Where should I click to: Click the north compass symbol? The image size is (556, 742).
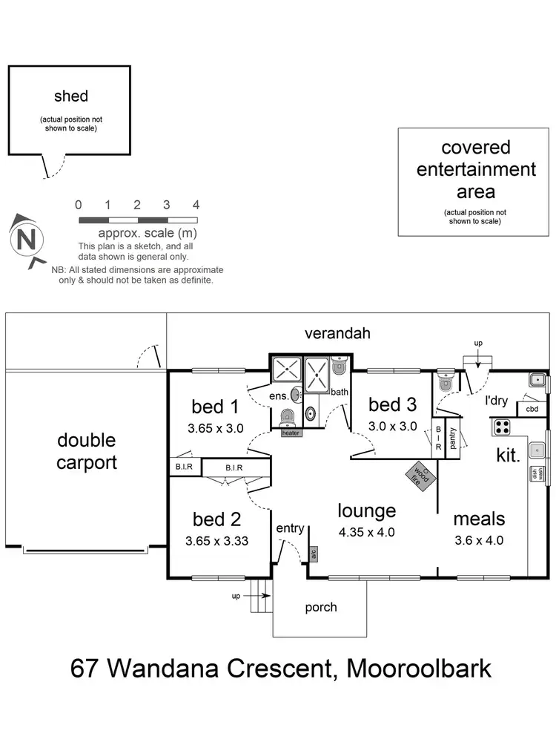point(27,240)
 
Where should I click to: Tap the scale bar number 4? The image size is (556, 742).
point(196,205)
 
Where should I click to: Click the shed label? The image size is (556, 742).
point(71,96)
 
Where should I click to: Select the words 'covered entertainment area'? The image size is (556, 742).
point(476,169)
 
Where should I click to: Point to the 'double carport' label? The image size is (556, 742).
point(87,451)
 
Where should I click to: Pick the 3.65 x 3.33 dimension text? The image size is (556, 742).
point(216,541)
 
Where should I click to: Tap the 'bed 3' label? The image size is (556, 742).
point(392,404)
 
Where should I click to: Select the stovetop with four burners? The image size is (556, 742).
point(503,427)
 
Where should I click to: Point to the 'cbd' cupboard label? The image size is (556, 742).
point(532,409)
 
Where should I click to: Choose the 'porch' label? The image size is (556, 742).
point(321,607)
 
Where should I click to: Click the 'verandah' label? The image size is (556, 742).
point(337,334)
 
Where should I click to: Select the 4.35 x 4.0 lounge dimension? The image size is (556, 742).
point(367,532)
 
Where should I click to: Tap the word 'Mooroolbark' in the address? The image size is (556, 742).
point(420,668)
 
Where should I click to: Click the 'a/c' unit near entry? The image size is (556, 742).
point(314,553)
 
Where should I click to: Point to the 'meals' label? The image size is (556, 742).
point(479,519)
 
